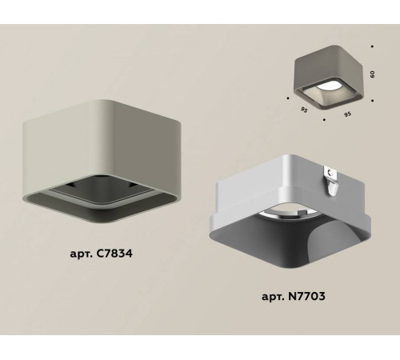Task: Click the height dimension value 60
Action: (371, 73)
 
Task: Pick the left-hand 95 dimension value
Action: (302, 111)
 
